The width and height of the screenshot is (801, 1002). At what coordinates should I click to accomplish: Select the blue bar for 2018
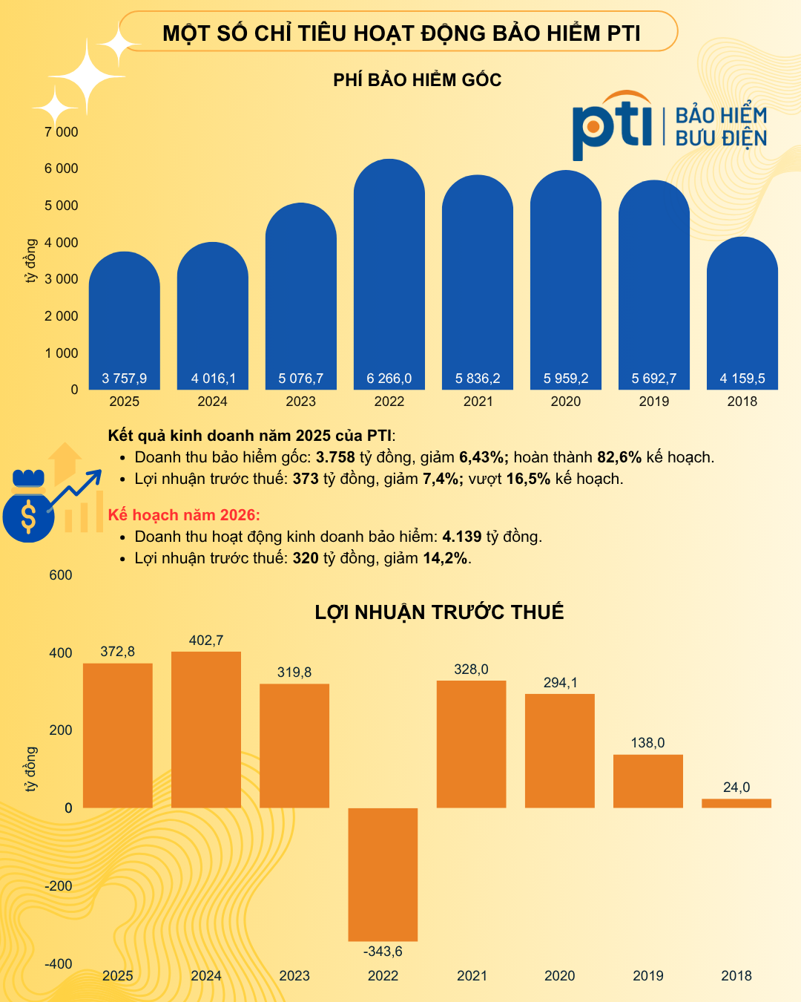coord(742,312)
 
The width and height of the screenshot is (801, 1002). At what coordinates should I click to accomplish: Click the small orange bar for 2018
coord(736,803)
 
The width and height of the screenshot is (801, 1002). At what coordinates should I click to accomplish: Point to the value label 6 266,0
coord(389,379)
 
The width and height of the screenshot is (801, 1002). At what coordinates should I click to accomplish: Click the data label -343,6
coord(383,952)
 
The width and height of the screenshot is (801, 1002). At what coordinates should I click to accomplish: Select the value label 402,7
coord(206,641)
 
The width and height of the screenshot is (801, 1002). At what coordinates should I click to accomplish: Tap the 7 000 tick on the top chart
coord(61,132)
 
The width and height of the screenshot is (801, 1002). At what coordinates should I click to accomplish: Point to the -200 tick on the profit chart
coord(59,885)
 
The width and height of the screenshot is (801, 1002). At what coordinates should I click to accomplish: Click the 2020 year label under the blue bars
coord(566,402)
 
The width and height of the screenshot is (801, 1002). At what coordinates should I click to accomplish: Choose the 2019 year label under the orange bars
coord(648,976)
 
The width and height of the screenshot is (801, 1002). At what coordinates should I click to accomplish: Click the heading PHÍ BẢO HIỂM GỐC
coord(418,80)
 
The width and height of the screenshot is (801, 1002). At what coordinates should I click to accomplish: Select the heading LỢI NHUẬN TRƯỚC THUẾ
coord(439,612)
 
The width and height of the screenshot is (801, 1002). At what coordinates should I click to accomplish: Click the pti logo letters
coord(612,126)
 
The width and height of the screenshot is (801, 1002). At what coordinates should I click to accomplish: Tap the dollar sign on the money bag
coord(28,517)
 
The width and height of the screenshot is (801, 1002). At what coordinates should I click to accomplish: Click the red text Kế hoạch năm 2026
coord(184,515)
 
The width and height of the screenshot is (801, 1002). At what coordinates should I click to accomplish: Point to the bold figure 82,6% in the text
coord(619,457)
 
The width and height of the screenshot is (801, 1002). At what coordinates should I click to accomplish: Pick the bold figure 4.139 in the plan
coord(462,537)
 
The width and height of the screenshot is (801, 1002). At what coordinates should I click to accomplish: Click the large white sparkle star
coord(88,76)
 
